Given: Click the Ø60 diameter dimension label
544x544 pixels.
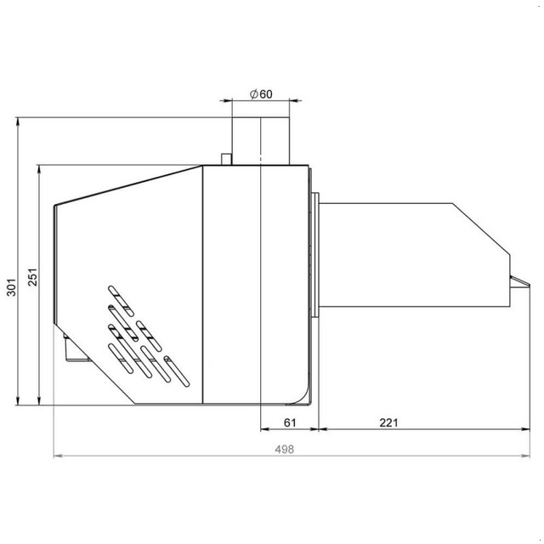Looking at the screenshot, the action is tap(261, 94).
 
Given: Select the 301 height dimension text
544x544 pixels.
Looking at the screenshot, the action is tap(11, 287).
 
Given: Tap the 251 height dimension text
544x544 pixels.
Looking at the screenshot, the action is tap(32, 277).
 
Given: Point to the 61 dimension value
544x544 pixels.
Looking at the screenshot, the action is tap(290, 422).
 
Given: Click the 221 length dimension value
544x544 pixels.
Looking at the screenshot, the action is tap(388, 422).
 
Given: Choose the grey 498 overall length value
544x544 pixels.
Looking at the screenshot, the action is tap(284, 450).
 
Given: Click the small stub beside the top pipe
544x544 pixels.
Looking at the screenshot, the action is tap(227, 159).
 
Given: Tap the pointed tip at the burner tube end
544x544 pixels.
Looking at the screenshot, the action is tap(529, 285).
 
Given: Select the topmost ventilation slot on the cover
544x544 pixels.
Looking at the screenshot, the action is tap(121, 301).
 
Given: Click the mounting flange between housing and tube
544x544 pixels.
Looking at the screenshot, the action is tap(315, 255).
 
